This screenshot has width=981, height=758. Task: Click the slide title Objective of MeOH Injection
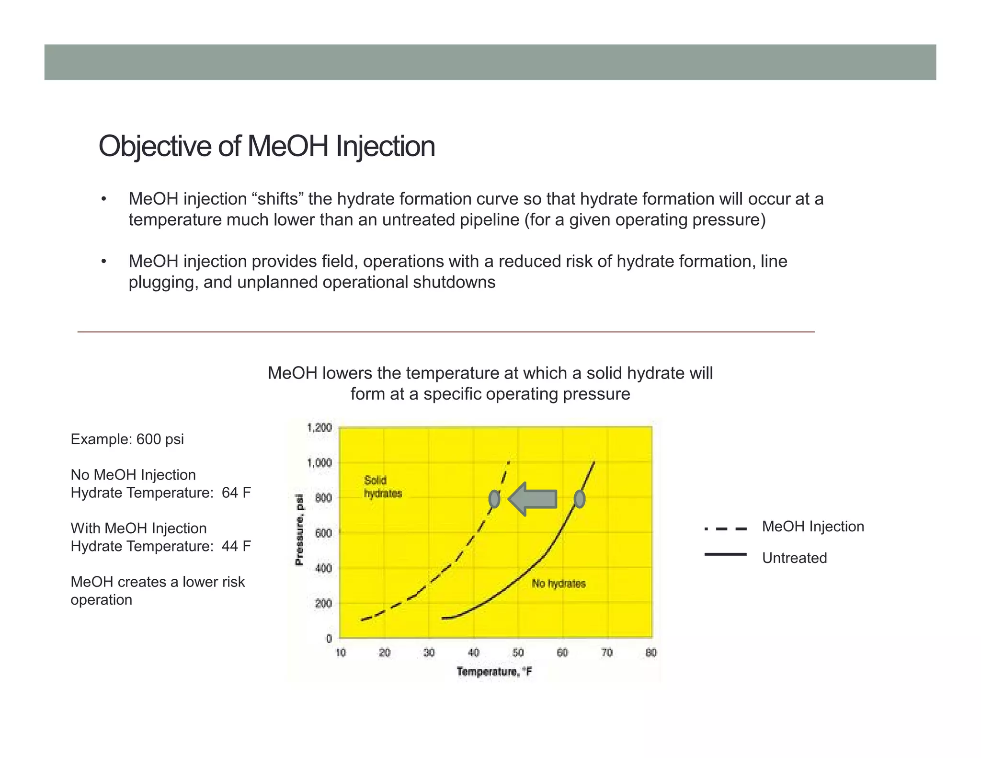coord(266,146)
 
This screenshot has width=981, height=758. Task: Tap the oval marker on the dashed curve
coord(494,499)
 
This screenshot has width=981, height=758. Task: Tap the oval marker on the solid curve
coord(579,499)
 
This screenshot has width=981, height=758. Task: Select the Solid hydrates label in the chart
coord(382,487)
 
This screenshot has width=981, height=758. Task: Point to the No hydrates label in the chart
coord(559,584)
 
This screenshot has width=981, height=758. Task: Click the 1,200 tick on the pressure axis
coord(319,427)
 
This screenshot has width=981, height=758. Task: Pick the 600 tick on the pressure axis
coord(323,533)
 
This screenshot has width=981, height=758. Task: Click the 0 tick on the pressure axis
coord(329,638)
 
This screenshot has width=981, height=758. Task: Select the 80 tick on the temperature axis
coord(651,653)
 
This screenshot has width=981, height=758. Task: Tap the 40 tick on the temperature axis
coord(473,653)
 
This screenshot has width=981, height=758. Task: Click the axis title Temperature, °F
coord(494,671)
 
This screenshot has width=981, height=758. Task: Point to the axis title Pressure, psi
coord(299,530)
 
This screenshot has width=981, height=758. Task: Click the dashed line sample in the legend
coord(725,529)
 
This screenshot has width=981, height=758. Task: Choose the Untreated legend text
coord(794,558)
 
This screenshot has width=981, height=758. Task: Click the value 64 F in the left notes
coord(236,493)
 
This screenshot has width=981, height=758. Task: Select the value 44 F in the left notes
coord(236,546)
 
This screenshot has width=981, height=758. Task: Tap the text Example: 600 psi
coord(127,439)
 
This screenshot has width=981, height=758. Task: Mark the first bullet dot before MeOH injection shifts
coord(103,199)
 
